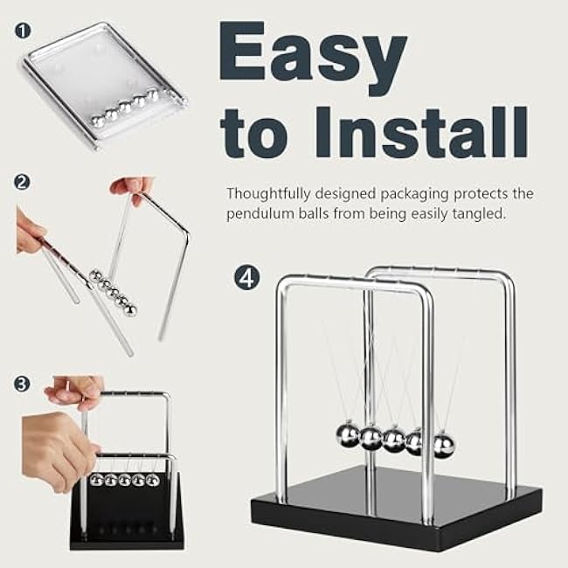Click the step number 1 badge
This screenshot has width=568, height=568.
click(x=23, y=31)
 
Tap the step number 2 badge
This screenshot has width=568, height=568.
click(x=22, y=182)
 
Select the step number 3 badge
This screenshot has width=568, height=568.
click(x=22, y=384)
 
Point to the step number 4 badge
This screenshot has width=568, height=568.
click(x=247, y=278)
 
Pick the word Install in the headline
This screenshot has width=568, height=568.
click(x=422, y=133)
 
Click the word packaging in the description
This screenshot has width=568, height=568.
click(x=414, y=195)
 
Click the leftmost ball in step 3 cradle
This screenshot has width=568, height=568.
click(x=97, y=481)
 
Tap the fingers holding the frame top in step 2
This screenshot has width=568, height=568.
click(x=132, y=188)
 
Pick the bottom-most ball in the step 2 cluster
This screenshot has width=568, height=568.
click(x=131, y=310)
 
